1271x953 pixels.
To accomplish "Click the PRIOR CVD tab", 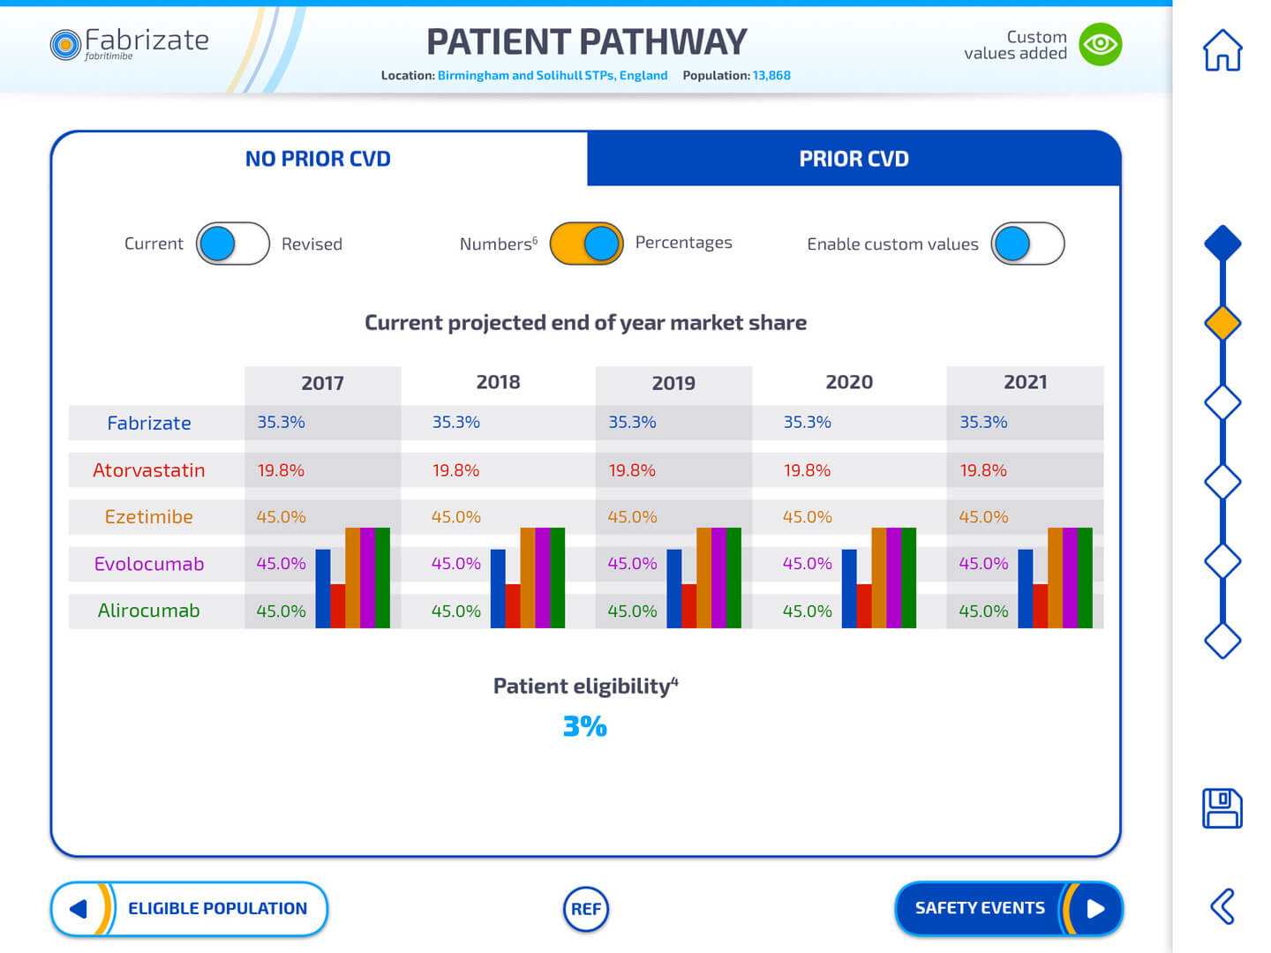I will tap(854, 159).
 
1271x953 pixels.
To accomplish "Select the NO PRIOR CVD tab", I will tap(318, 159).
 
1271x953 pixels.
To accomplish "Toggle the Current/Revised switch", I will tap(232, 244).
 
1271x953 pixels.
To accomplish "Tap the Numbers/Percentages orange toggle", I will tap(586, 244).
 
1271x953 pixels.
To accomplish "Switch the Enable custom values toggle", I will tap(1027, 244).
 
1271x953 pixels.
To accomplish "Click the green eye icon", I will tap(1101, 44).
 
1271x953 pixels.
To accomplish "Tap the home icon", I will tap(1222, 50).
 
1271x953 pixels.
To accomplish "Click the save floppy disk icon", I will tap(1222, 808).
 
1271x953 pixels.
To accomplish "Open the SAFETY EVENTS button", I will tap(1008, 908).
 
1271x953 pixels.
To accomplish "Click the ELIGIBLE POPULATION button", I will tap(189, 908).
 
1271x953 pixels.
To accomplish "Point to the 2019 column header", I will tap(673, 383).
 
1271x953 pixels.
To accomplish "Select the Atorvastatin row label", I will tap(149, 470).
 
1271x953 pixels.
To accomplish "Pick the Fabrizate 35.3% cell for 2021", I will tap(983, 423).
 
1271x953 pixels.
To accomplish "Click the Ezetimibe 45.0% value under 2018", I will tap(456, 517).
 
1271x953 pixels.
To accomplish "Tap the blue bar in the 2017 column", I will tap(323, 589).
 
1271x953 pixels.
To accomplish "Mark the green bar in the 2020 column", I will tap(909, 578).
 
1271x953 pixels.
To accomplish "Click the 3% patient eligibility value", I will tap(585, 726).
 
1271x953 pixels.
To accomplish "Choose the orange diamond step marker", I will tap(1222, 323).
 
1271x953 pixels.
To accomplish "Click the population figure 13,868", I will tap(771, 76).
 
